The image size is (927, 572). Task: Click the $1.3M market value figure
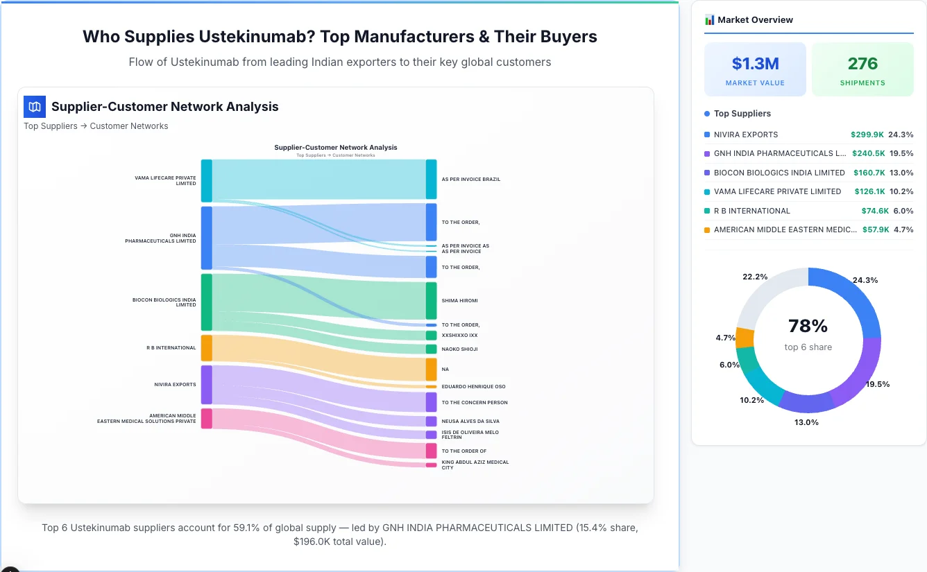755,64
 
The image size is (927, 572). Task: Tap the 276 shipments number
862,64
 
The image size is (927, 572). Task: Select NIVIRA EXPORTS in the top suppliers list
746,135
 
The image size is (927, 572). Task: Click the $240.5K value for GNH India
867,154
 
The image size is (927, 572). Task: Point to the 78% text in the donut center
808,326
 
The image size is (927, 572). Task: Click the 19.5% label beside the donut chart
878,384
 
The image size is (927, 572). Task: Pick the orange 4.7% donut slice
745,338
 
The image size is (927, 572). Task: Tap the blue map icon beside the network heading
34,107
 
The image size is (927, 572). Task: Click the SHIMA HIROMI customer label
459,301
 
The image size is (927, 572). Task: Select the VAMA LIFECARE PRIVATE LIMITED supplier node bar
206,180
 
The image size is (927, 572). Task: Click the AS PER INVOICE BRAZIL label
470,180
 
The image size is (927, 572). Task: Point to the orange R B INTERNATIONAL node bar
206,348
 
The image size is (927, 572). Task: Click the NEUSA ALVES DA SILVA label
470,422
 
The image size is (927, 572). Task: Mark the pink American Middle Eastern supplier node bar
206,419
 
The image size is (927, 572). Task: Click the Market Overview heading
755,20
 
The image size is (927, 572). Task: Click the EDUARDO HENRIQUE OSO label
473,387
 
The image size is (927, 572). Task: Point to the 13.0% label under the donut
806,422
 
